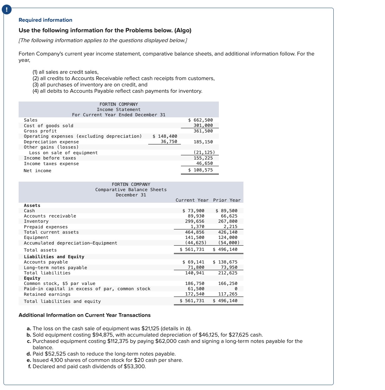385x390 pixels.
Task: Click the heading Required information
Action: tap(45, 20)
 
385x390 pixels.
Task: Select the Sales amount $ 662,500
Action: tap(201, 120)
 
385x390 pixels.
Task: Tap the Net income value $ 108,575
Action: tap(201, 170)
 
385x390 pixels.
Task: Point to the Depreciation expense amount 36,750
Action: tap(169, 142)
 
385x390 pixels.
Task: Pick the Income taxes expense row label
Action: tap(51, 164)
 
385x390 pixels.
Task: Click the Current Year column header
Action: tap(192, 200)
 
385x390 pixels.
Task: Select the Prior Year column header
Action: tap(227, 200)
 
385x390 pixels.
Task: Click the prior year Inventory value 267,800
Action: tap(228, 221)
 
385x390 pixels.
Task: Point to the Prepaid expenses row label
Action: tap(46, 227)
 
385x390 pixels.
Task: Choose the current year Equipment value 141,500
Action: tap(195, 238)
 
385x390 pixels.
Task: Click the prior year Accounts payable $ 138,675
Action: tap(225, 262)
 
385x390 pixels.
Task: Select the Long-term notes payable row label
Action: tap(56, 268)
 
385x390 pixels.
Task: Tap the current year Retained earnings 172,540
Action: tap(195, 294)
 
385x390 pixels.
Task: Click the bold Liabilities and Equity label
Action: tap(54, 257)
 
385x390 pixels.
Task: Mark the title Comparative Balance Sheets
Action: tap(131, 190)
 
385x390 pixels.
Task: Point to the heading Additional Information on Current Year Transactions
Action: tap(84, 315)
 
